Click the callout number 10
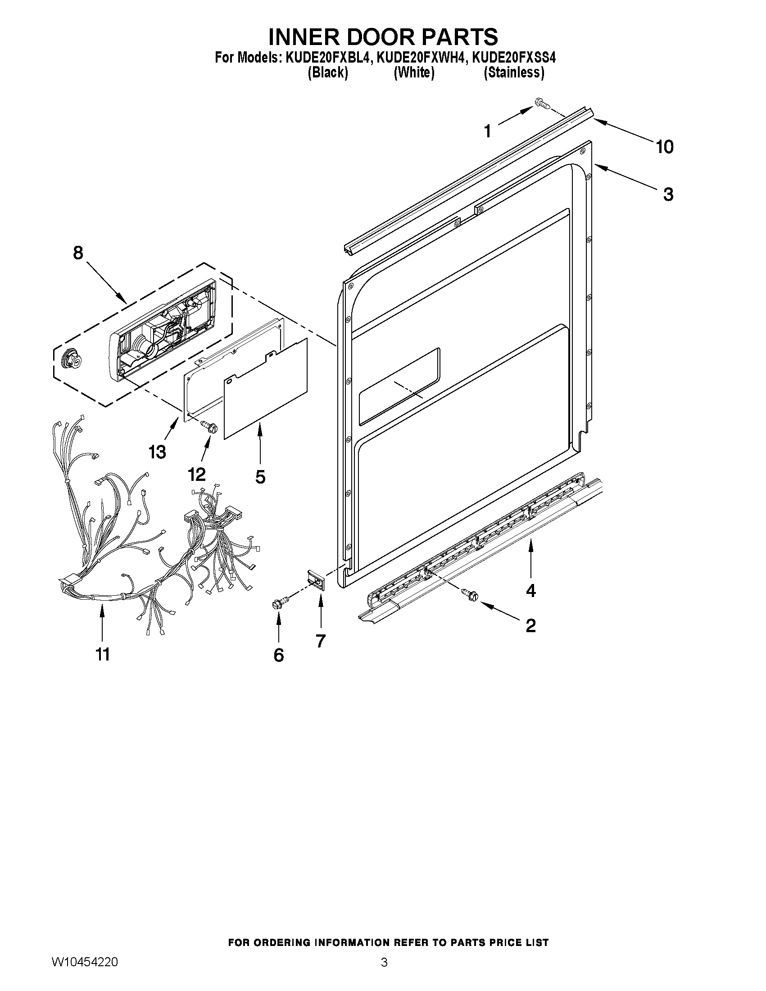[x=664, y=147]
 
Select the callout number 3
[x=668, y=194]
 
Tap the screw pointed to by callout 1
[x=542, y=104]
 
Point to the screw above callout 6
[x=278, y=603]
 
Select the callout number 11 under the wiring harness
[x=103, y=655]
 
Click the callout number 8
[x=78, y=253]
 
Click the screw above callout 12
[x=209, y=425]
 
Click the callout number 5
[x=260, y=477]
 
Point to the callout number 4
[x=530, y=590]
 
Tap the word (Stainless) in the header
[x=514, y=72]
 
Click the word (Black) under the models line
[x=328, y=72]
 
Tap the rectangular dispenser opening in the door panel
[x=399, y=386]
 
